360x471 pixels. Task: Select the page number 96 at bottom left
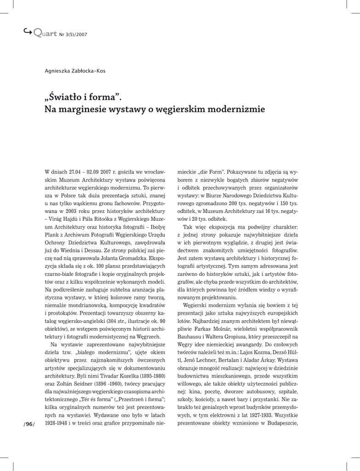(29, 424)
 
